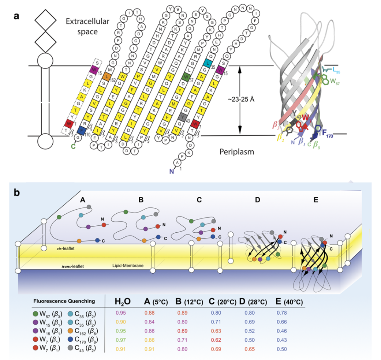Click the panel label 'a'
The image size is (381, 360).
16,17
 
